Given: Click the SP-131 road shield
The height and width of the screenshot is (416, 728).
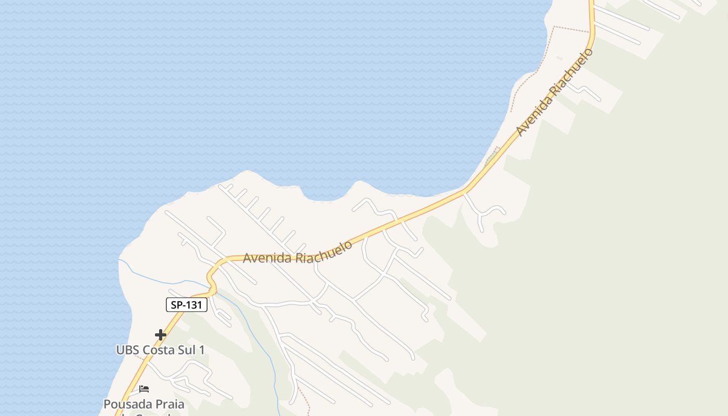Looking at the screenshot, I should (187, 305).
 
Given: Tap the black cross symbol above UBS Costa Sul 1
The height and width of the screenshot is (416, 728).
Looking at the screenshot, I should (161, 335).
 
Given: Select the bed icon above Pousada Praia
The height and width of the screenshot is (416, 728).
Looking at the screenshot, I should (144, 389).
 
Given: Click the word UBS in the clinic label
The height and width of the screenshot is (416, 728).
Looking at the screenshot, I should (127, 350).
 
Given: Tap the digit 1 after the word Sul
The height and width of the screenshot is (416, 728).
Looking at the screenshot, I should (201, 350).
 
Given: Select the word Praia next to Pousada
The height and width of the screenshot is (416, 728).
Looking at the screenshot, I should (168, 404).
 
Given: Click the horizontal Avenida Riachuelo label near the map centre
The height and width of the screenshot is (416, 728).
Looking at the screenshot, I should (297, 253).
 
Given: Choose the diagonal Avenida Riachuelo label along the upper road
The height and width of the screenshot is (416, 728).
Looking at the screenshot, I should (554, 93).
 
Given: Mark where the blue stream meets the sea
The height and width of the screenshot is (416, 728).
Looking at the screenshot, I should (119, 259).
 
